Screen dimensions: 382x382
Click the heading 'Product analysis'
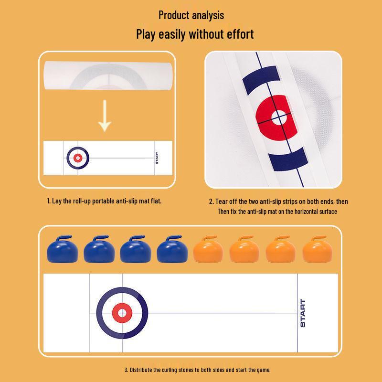[x=191, y=15]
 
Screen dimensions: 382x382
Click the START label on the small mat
[x=157, y=158]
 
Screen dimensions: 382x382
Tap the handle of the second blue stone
[x=100, y=237]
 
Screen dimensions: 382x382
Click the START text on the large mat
[x=303, y=313]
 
